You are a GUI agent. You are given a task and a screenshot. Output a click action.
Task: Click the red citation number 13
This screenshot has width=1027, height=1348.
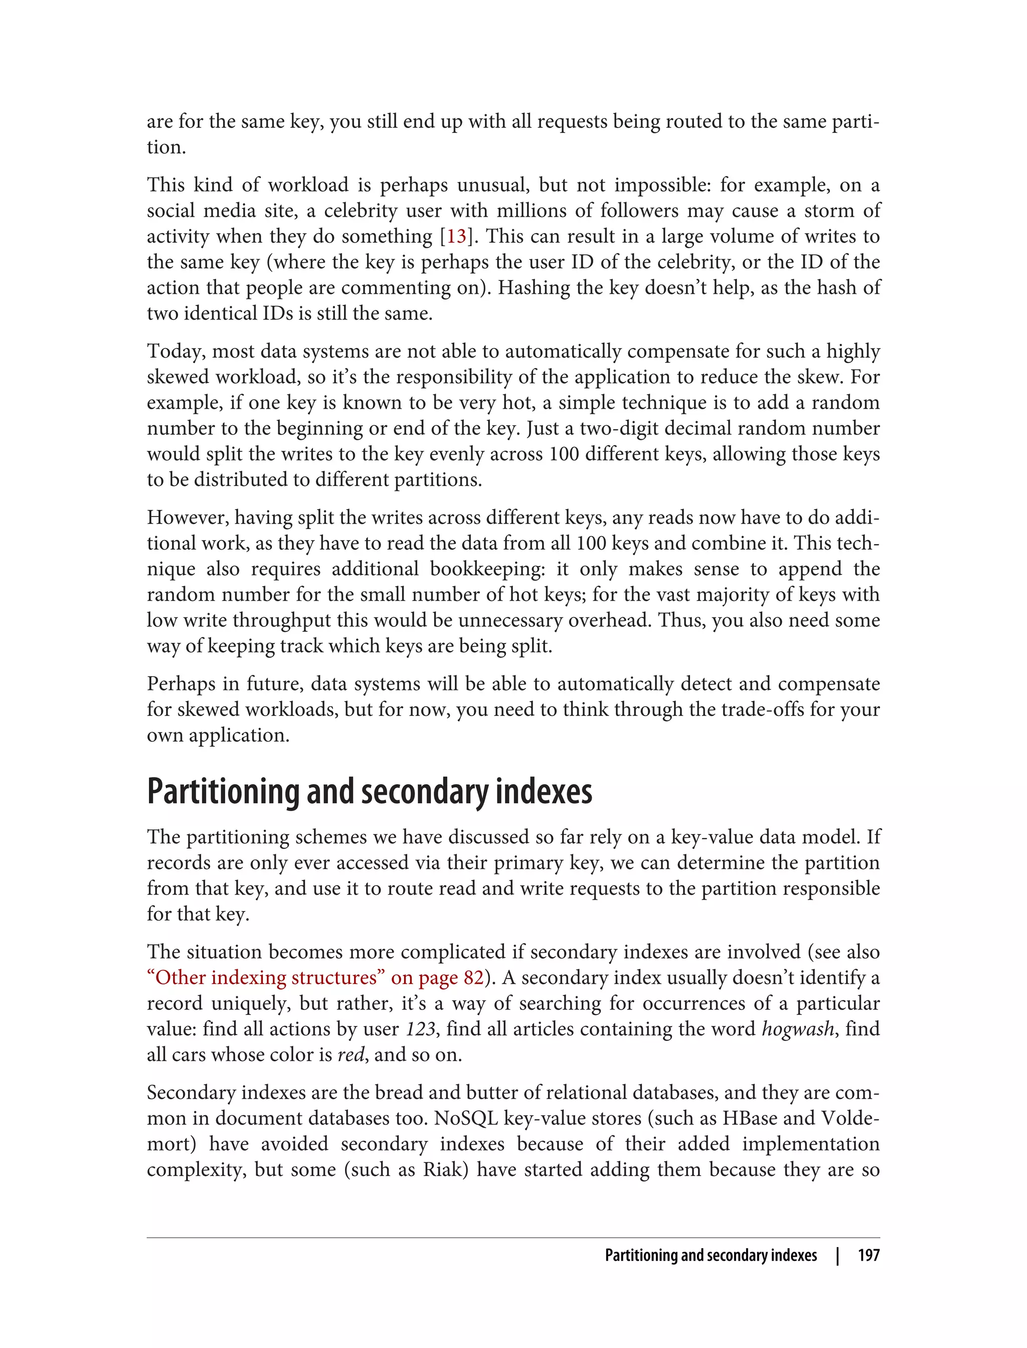coord(456,237)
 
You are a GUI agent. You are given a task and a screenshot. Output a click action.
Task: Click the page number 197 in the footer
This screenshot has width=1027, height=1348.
coord(868,1255)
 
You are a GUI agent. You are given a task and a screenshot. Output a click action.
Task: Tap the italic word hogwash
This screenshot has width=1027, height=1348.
coord(797,1030)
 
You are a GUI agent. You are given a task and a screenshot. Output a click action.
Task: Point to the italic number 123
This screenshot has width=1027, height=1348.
coord(421,1030)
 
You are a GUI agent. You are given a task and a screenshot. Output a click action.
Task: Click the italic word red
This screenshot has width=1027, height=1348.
coord(351,1055)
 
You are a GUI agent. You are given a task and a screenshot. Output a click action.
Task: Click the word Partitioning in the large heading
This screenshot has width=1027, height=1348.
coord(224,792)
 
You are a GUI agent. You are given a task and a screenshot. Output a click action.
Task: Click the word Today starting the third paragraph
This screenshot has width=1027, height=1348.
coord(176,352)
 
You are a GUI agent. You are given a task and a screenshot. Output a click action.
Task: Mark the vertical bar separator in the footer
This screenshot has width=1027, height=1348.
coord(837,1255)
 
